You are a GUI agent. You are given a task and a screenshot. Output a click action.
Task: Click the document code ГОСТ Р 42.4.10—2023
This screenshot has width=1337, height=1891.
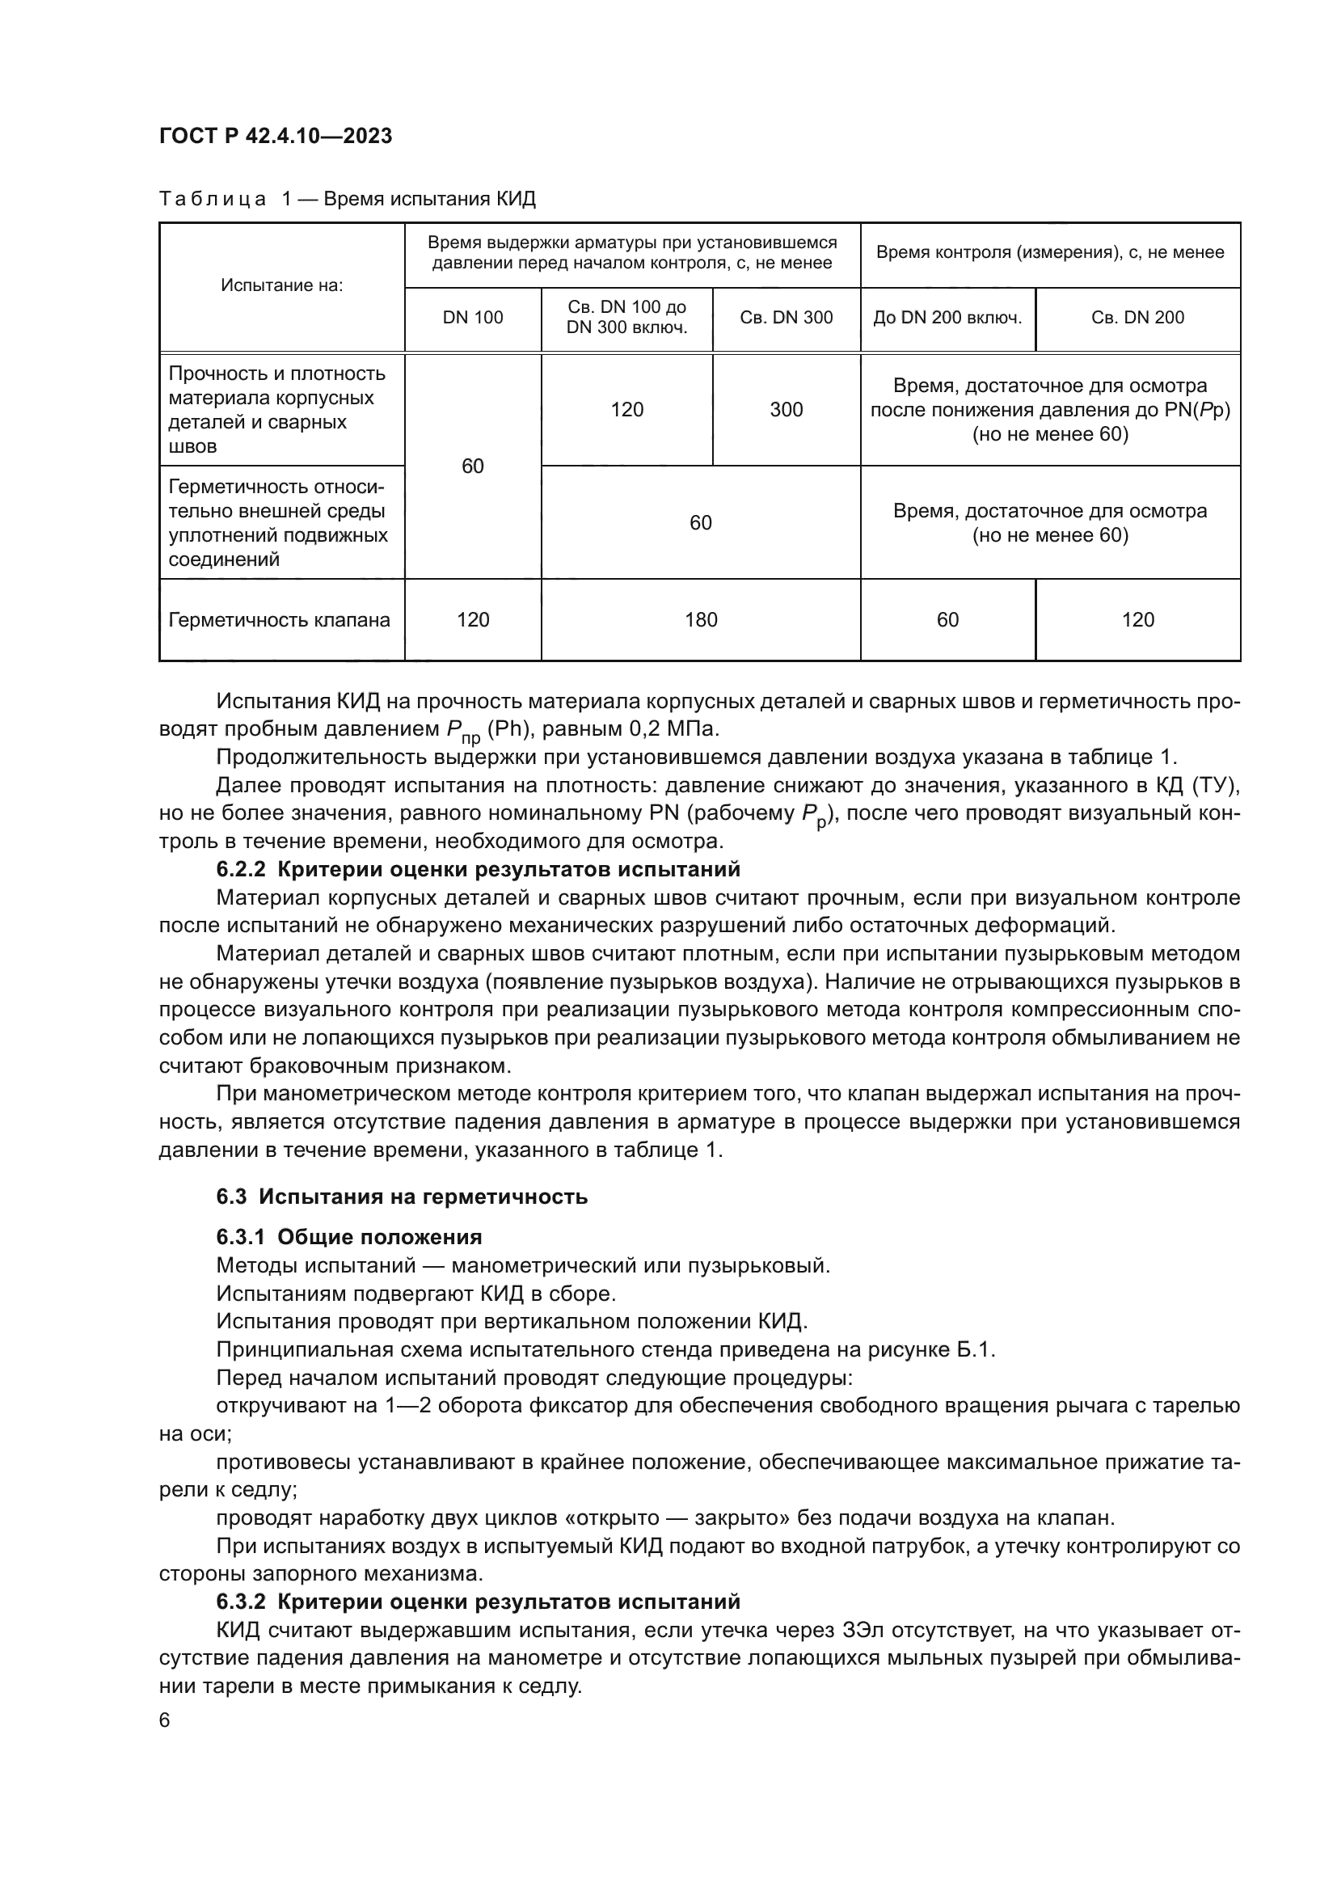pyautogui.click(x=275, y=136)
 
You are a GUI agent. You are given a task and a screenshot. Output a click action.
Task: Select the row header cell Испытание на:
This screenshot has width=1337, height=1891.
pyautogui.click(x=281, y=285)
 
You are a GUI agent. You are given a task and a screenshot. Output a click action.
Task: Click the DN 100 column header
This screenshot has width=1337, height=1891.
pyautogui.click(x=473, y=318)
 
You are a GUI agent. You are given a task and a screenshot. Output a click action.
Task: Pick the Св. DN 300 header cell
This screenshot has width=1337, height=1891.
pyautogui.click(x=787, y=318)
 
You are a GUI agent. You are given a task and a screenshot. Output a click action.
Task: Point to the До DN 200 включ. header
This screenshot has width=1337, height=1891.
pyautogui.click(x=947, y=318)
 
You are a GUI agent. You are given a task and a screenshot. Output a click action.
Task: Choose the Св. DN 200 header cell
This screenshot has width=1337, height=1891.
pyautogui.click(x=1137, y=318)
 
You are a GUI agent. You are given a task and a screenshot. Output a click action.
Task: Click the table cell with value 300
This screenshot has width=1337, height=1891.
pyautogui.click(x=787, y=409)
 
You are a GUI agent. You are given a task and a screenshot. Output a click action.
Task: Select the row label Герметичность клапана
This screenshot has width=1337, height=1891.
pyautogui.click(x=280, y=620)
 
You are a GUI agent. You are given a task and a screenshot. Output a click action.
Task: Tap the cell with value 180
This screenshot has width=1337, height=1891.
pyautogui.click(x=701, y=620)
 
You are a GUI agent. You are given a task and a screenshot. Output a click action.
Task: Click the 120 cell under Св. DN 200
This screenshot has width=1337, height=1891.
pyautogui.click(x=1137, y=620)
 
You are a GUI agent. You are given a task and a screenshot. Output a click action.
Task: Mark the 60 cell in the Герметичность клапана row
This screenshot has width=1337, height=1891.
pyautogui.click(x=947, y=620)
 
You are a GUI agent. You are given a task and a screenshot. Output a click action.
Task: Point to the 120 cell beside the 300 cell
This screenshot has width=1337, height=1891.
pyautogui.click(x=626, y=409)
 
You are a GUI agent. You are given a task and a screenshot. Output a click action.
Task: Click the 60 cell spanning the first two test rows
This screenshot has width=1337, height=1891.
pyautogui.click(x=473, y=466)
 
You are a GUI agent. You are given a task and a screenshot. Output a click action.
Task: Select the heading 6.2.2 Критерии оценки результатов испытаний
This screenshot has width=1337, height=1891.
pyautogui.click(x=478, y=869)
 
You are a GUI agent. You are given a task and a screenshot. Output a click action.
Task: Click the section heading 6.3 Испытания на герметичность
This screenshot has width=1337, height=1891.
pyautogui.click(x=402, y=1196)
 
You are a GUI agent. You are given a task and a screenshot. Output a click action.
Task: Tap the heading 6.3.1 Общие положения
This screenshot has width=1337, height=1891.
pyautogui.click(x=349, y=1237)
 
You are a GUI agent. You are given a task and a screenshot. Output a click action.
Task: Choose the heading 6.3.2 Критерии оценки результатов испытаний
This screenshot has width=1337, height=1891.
pyautogui.click(x=478, y=1602)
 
